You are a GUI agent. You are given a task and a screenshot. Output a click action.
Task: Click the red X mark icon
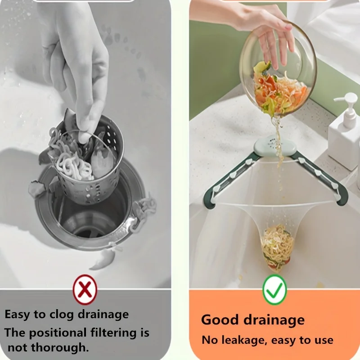pos(85,290)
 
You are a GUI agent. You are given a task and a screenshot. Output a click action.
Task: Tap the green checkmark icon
pos(274,290)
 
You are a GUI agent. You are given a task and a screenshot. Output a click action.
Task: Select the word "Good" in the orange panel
pos(220,320)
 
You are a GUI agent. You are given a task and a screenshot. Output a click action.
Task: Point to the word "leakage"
pos(242,340)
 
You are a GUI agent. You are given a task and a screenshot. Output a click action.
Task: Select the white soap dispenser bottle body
pos(345,144)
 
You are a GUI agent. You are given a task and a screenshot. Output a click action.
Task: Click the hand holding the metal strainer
pos(83,67)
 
